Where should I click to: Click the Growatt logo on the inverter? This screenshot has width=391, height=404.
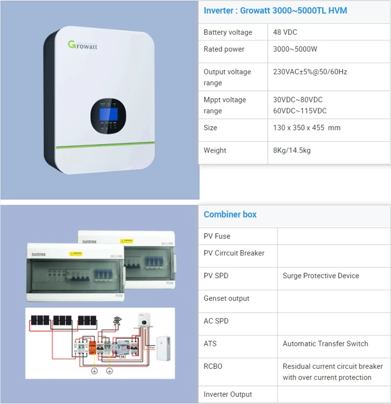pyautogui.click(x=83, y=45)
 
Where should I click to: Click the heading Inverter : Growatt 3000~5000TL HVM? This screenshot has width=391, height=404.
pyautogui.click(x=275, y=10)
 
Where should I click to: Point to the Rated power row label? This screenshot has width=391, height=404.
pyautogui.click(x=224, y=49)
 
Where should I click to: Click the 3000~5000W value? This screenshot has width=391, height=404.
pyautogui.click(x=296, y=49)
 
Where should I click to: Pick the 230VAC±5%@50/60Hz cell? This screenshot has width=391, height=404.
pyautogui.click(x=310, y=72)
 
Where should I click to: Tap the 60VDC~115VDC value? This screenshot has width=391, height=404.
pyautogui.click(x=300, y=111)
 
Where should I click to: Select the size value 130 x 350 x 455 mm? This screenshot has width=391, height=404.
pyautogui.click(x=306, y=128)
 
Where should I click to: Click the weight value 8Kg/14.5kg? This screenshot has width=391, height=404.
pyautogui.click(x=292, y=150)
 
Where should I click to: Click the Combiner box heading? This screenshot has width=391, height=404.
pyautogui.click(x=230, y=214)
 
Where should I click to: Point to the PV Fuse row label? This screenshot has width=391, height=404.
pyautogui.click(x=217, y=236)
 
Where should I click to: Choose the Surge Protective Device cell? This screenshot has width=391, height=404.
pyautogui.click(x=321, y=276)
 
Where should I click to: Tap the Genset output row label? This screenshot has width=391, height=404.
pyautogui.click(x=226, y=298)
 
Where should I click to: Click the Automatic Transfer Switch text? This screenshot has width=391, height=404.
pyautogui.click(x=325, y=344)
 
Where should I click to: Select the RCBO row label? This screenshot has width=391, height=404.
pyautogui.click(x=213, y=366)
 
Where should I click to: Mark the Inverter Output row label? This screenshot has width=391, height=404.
pyautogui.click(x=228, y=394)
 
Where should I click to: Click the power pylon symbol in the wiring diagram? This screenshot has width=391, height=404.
pyautogui.click(x=117, y=321)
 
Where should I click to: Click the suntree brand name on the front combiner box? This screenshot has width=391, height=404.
pyautogui.click(x=40, y=254)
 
